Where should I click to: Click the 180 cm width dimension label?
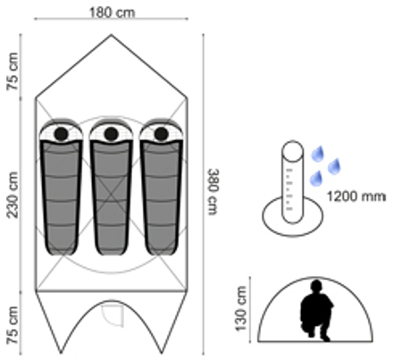click(x=112, y=13)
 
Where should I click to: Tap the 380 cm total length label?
click(x=214, y=192)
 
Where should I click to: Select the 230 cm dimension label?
click(x=13, y=195)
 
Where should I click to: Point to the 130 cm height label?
click(x=241, y=308)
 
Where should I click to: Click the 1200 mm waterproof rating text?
click(x=356, y=197)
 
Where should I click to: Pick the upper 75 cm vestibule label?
click(x=13, y=71)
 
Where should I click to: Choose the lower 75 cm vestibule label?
click(x=13, y=325)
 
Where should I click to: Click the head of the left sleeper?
click(x=62, y=134)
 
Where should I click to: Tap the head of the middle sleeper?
click(x=112, y=134)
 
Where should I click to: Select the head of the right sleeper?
click(x=162, y=134)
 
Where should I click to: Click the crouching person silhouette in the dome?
click(x=316, y=311)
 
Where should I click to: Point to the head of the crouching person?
click(x=316, y=285)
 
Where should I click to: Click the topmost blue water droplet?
click(x=318, y=154)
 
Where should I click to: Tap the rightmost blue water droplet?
click(x=334, y=166)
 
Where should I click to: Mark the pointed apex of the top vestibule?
click(x=112, y=35)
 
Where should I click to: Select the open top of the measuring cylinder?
click(x=292, y=149)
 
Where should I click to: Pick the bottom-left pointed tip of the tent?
click(x=61, y=353)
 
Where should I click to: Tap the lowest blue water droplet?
click(x=316, y=179)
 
